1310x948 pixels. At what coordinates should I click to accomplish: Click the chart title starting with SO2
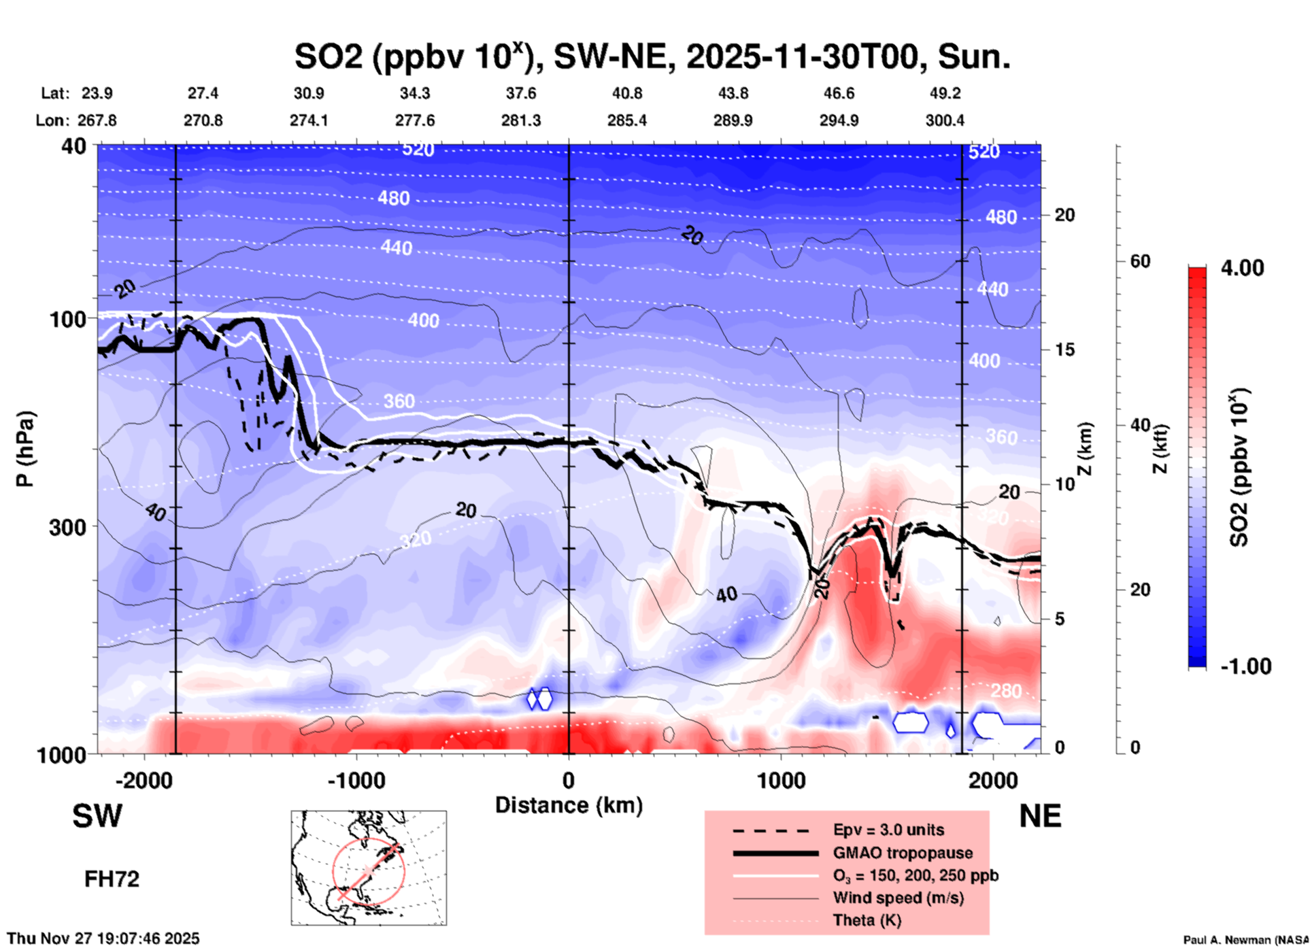[652, 57]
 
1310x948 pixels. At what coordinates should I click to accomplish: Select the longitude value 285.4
[626, 120]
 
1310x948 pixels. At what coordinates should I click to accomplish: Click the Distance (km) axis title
[569, 805]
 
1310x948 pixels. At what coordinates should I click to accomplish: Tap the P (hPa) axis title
[24, 449]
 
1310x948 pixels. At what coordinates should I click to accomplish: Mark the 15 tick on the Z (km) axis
[1064, 350]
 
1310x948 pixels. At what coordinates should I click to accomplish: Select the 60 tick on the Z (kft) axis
[1140, 261]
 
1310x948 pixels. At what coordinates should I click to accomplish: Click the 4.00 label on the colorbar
[1242, 268]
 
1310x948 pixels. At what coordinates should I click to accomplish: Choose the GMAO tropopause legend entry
[903, 853]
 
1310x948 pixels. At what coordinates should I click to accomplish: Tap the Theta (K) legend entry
[867, 920]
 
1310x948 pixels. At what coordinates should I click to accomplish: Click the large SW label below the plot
[97, 816]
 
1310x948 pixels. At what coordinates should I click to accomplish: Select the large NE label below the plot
[1040, 816]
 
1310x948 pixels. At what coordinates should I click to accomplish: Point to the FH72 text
[112, 879]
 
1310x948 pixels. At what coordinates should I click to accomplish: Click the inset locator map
[369, 868]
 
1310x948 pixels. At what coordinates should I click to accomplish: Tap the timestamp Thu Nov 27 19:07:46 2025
[103, 938]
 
